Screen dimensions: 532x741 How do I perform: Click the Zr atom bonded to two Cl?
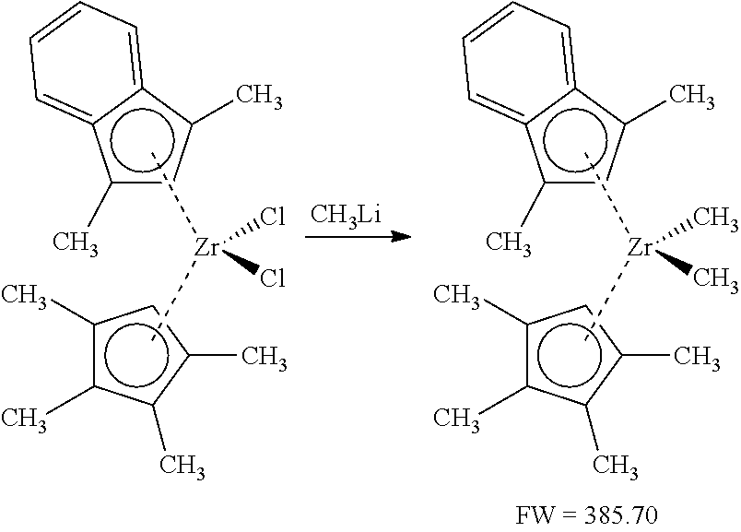pyautogui.click(x=207, y=248)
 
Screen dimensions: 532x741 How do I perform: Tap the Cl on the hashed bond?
pyautogui.click(x=273, y=220)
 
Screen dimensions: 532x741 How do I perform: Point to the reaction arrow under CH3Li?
pyautogui.click(x=356, y=237)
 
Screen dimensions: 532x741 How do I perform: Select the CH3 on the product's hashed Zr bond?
pyautogui.click(x=715, y=219)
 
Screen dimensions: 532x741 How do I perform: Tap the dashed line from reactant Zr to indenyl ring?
pyautogui.click(x=181, y=205)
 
